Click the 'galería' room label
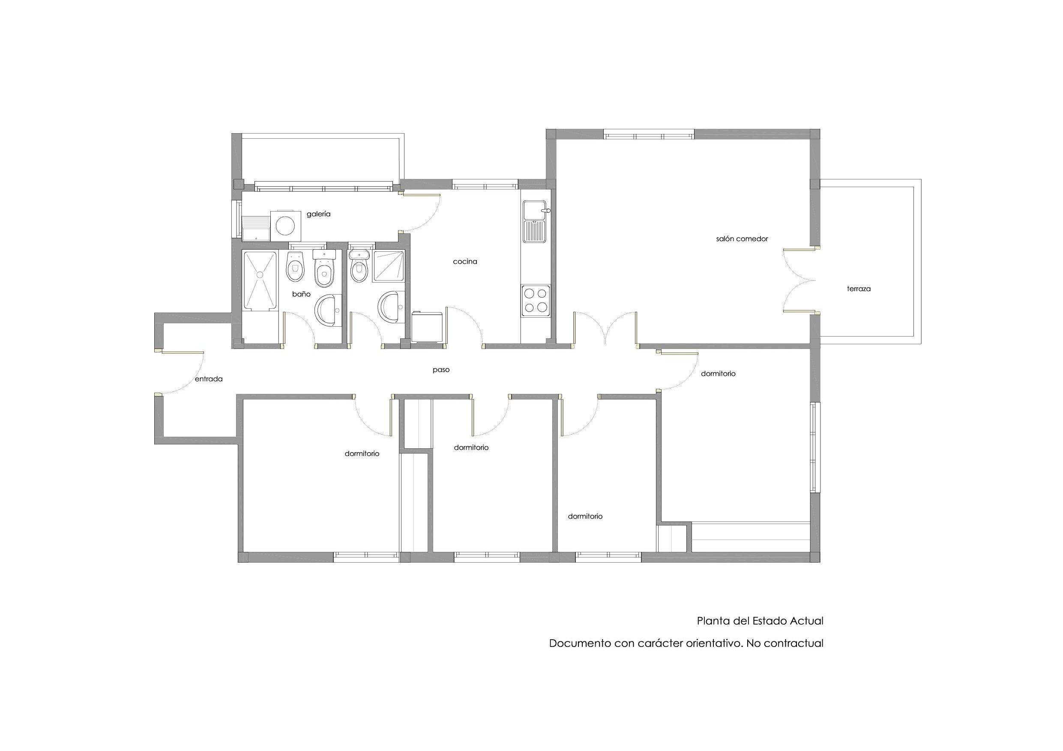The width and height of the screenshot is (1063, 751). pos(318,214)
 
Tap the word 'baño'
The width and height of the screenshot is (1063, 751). pos(301,294)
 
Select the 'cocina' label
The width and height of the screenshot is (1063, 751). pos(465,262)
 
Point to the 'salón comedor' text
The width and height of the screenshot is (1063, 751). pos(742,239)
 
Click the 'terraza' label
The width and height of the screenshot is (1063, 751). pos(859,289)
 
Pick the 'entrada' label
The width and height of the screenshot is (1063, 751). pos(208,379)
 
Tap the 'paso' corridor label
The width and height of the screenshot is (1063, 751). pos(441,370)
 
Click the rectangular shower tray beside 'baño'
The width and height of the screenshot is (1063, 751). pos(260,280)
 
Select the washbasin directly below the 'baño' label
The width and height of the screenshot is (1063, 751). pos(328,310)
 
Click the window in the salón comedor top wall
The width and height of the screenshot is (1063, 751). pos(649,136)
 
